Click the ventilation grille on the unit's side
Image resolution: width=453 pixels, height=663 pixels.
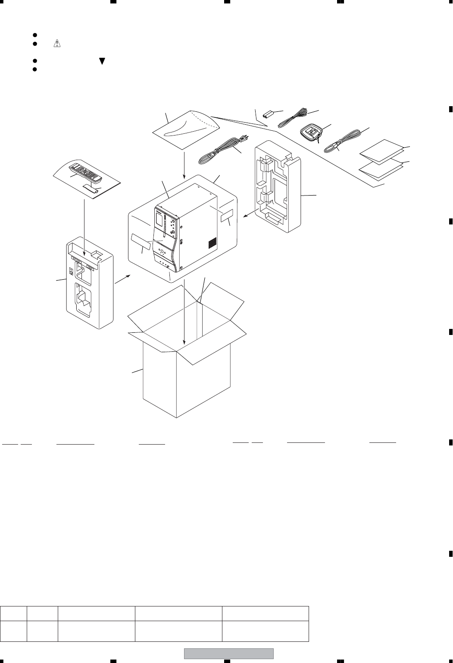[x=212, y=244]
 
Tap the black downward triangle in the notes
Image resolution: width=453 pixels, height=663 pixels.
[x=102, y=61]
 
